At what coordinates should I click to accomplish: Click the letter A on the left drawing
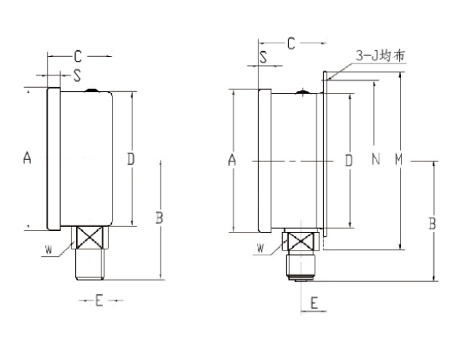coord(27,157)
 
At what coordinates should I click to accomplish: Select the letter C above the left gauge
coord(77,56)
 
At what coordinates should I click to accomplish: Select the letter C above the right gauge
coord(291,44)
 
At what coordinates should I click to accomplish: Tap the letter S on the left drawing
coord(77,75)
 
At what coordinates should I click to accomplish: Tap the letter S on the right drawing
coord(263,59)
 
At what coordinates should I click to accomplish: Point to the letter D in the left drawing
coord(131,157)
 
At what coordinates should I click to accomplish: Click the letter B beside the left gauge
coord(158,218)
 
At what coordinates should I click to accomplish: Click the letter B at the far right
coord(432,224)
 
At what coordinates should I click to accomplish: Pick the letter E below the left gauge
coord(98,301)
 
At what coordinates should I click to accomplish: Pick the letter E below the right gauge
coord(315,303)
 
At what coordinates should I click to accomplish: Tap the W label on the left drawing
coord(51,248)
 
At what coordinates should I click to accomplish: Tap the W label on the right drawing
coord(261,248)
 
